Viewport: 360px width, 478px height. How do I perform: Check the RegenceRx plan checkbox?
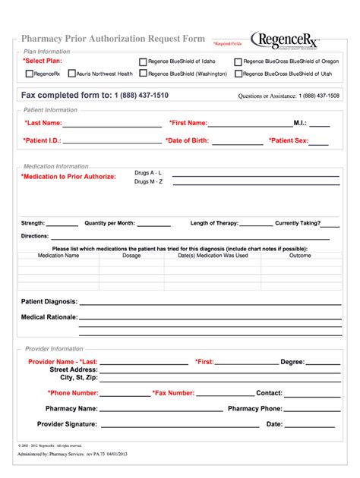pos(30,74)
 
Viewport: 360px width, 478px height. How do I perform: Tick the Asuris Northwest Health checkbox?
pos(71,74)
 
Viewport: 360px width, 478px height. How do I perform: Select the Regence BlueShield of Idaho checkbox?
pos(142,61)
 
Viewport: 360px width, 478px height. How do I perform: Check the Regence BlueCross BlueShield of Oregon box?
pos(238,61)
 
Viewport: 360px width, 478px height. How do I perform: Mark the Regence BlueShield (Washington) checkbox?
pos(142,74)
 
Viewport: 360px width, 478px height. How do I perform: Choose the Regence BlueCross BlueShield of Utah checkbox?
pos(238,74)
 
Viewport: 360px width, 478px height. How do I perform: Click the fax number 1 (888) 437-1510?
pos(141,96)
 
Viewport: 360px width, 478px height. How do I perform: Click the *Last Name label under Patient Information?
pos(43,122)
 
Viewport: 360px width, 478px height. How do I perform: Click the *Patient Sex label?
pos(287,140)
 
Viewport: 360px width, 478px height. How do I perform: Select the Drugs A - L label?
pos(148,173)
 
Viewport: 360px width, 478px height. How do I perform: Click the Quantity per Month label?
pos(109,223)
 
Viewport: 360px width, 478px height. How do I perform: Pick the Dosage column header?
pos(131,256)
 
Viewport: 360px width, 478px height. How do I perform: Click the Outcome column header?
pos(300,256)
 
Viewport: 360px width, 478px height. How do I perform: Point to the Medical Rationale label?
pos(49,316)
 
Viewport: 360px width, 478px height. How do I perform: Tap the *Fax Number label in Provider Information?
pos(174,393)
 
